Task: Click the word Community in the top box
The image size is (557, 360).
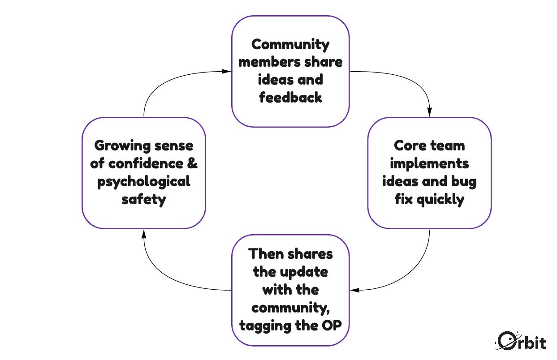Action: [290, 44]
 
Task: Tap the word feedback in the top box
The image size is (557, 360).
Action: [290, 98]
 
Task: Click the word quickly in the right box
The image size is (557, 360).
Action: [440, 199]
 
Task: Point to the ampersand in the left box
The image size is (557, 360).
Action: [191, 163]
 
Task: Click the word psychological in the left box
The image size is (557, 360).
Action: [144, 181]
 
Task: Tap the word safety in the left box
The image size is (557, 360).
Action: [144, 199]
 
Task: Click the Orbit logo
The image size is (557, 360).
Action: [521, 341]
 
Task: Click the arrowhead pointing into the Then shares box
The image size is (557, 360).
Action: [354, 290]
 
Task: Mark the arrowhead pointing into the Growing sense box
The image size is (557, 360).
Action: [144, 234]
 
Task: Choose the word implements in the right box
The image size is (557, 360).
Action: [429, 163]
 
